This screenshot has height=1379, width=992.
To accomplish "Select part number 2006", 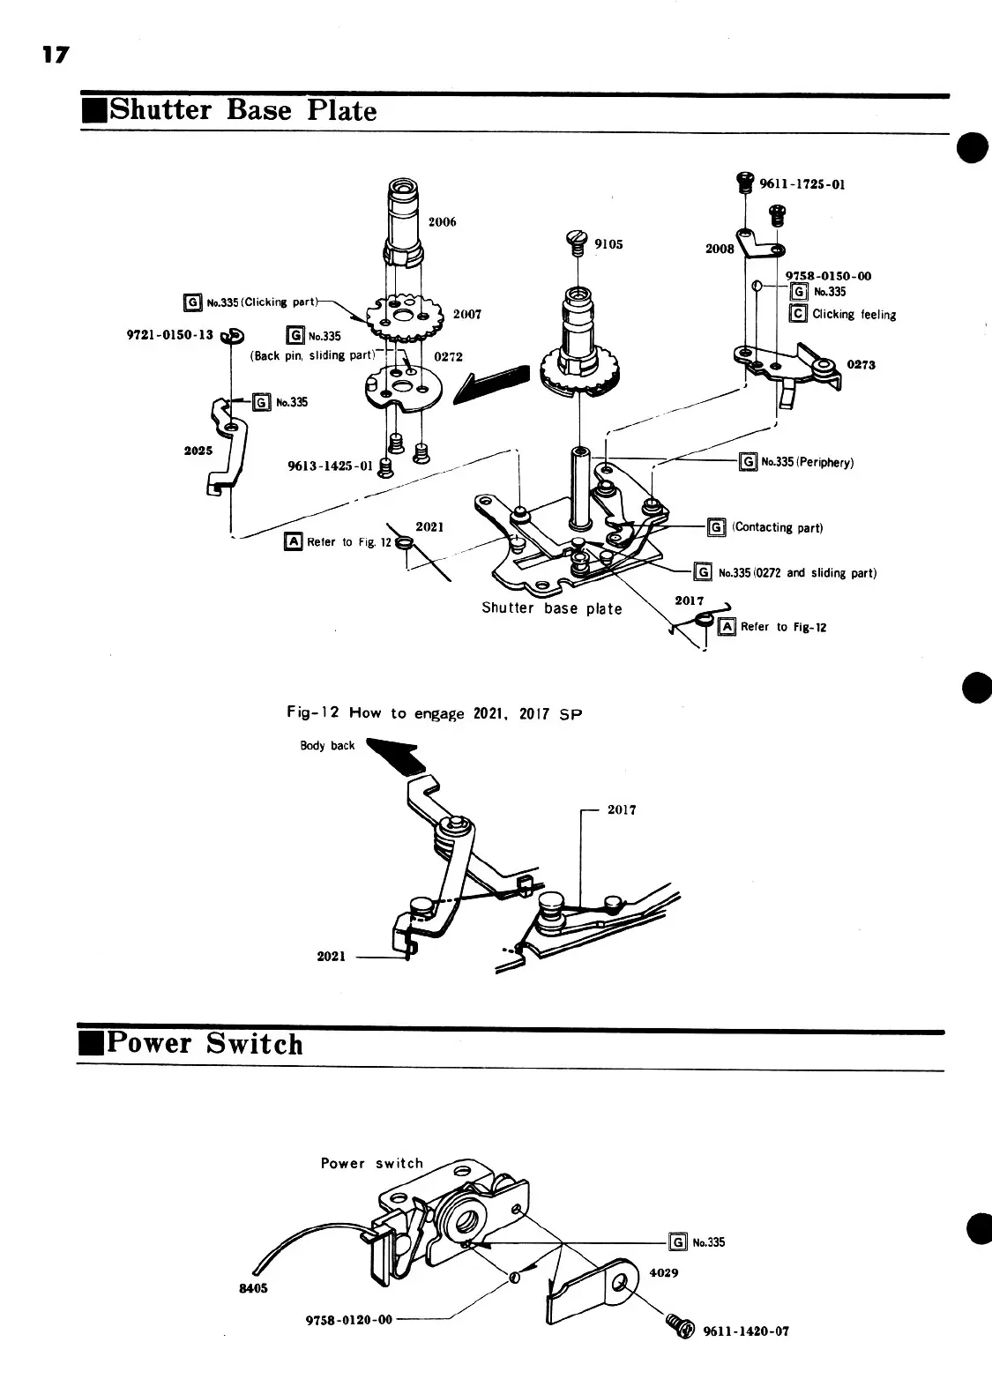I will point(442,222).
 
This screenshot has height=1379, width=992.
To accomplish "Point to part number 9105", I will point(608,244).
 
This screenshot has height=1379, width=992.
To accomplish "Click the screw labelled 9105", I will point(577,242).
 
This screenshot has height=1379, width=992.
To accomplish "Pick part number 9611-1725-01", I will point(802,185).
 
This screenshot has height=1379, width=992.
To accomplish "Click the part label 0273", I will point(861,364).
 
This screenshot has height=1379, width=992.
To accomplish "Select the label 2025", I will point(198,451).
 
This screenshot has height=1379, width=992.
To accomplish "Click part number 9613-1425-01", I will point(331,466).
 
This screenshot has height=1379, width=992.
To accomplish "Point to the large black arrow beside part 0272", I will point(493,384).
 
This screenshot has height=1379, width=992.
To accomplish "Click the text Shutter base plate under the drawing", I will point(551,608).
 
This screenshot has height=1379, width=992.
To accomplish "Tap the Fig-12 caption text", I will point(435,712).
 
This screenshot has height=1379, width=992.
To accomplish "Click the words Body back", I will point(327,746).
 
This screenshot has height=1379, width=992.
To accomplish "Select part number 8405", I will point(254,1288).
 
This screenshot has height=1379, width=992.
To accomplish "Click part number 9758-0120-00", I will point(348,1320).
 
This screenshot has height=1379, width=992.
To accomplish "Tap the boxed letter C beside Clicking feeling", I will point(798,314).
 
